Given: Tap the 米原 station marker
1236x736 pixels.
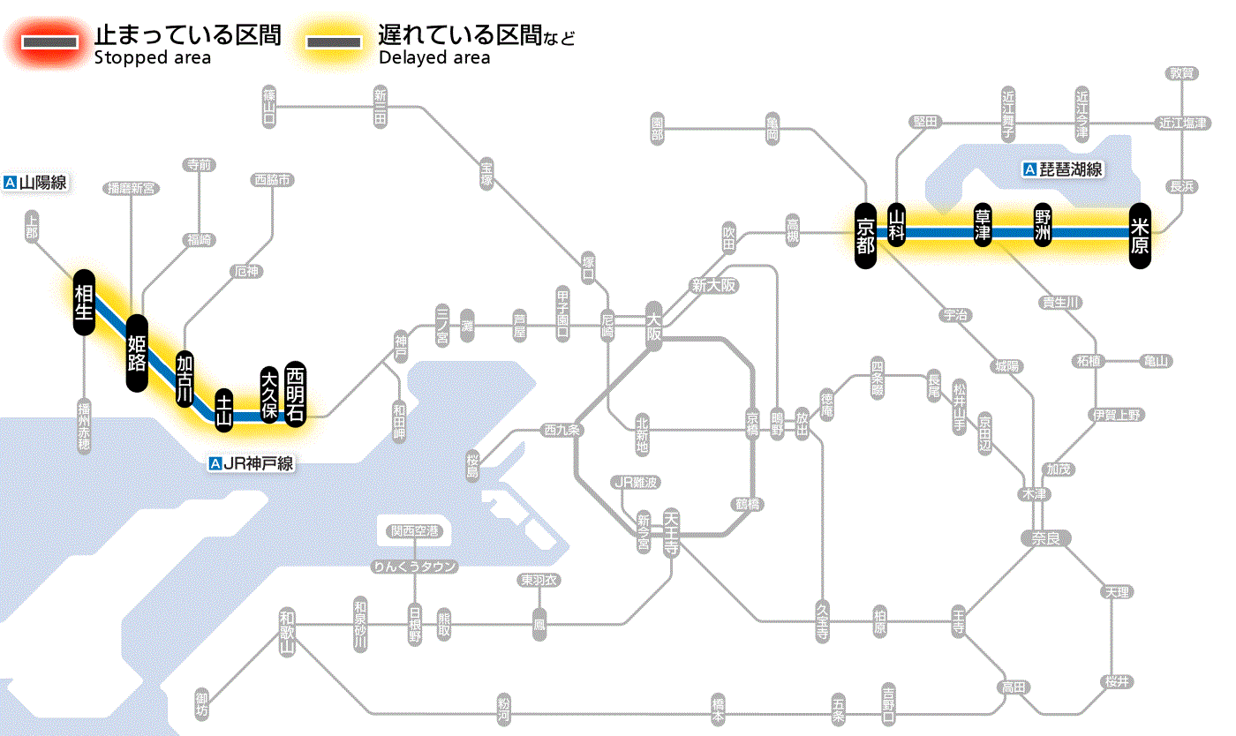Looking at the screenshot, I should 1140,233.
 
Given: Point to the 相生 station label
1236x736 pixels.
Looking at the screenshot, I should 84,303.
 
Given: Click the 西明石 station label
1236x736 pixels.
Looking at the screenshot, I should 295,394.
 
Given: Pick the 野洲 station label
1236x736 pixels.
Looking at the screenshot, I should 1044,224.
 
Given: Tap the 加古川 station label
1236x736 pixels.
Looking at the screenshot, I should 185,379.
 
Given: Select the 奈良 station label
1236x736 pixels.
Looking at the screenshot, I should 1044,538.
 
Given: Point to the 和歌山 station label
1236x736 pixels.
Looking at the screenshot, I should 286,632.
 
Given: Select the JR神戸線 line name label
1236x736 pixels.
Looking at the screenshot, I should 252,463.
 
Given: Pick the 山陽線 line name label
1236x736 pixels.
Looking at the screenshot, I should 36,184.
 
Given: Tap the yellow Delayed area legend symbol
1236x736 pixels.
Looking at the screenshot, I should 333,42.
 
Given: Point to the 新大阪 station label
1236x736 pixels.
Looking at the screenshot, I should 713,285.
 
